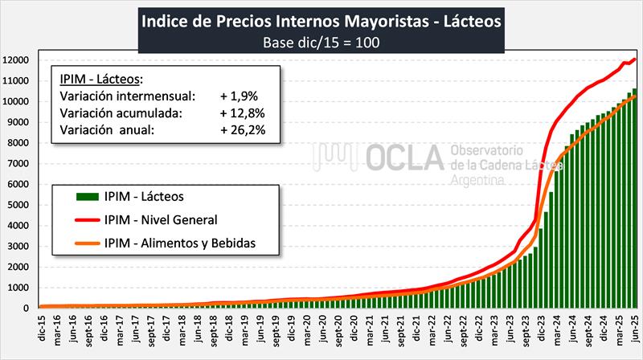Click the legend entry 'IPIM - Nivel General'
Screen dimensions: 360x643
point(161,219)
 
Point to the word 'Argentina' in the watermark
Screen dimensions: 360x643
point(478,182)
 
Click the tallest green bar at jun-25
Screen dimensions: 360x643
point(634,201)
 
